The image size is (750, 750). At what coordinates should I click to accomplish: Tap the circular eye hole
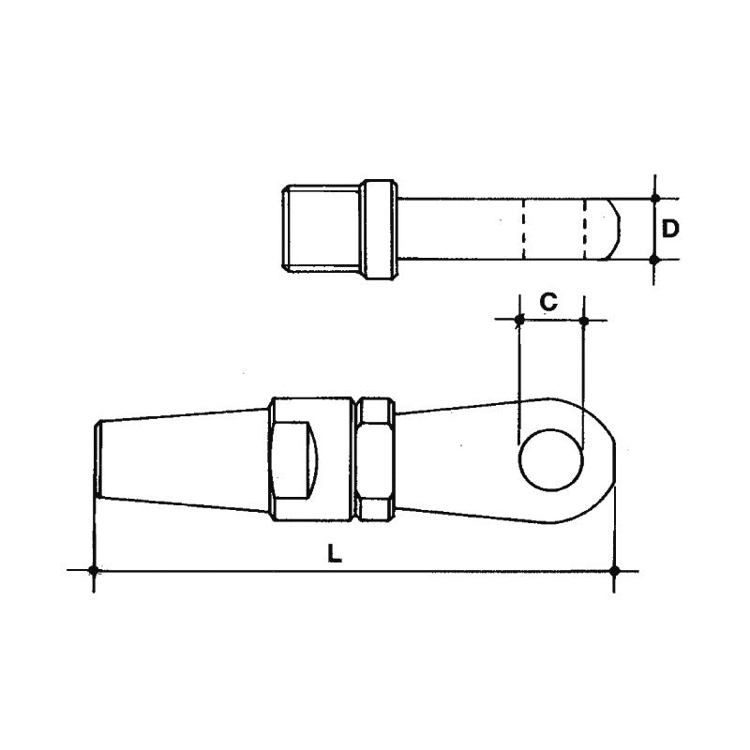pyautogui.click(x=550, y=458)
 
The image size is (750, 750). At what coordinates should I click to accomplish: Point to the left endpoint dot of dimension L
pyautogui.click(x=94, y=570)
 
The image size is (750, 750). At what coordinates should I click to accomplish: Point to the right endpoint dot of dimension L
pyautogui.click(x=614, y=570)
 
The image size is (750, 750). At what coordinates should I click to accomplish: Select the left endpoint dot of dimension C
pyautogui.click(x=518, y=321)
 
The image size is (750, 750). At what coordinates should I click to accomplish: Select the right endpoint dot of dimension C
pyautogui.click(x=584, y=321)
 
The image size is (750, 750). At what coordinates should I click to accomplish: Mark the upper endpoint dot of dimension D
pyautogui.click(x=654, y=199)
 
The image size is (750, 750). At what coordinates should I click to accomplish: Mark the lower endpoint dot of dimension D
pyautogui.click(x=654, y=259)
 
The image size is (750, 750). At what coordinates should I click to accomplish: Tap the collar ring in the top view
pyautogui.click(x=381, y=230)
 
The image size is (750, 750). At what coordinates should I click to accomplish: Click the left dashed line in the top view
pyautogui.click(x=523, y=230)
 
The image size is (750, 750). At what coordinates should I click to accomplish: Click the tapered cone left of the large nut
pyautogui.click(x=183, y=458)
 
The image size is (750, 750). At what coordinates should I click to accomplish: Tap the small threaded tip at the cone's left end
pyautogui.click(x=97, y=458)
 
